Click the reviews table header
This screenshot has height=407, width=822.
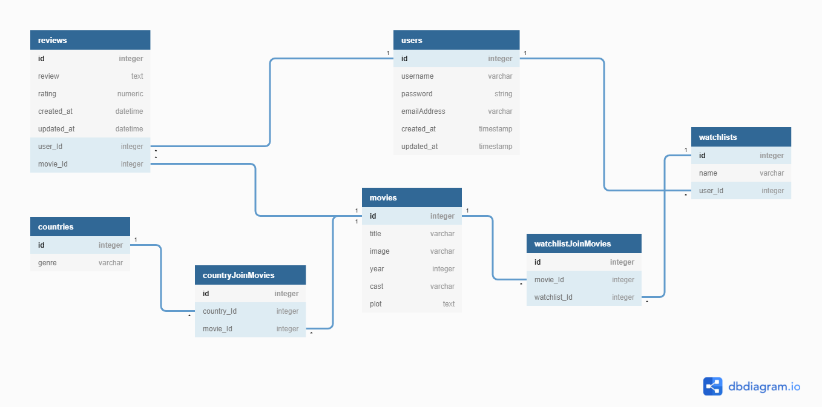tap(90, 40)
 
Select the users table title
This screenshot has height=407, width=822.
tap(412, 41)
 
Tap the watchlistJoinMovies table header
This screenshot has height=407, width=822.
tap(584, 243)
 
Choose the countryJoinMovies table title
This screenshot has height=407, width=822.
tap(238, 275)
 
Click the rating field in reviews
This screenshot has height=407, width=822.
tap(47, 94)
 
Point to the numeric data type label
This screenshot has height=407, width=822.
tap(130, 94)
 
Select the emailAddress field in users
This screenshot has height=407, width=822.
tap(423, 111)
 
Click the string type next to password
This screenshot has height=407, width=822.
tap(503, 94)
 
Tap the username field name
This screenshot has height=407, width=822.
tap(417, 76)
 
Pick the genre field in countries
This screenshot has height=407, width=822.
tap(47, 263)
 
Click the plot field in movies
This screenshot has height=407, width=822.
tap(375, 304)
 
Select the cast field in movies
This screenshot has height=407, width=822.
tap(376, 286)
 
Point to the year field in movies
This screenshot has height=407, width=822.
tap(377, 268)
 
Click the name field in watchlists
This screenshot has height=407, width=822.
tap(708, 173)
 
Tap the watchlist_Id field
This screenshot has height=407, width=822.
tap(553, 297)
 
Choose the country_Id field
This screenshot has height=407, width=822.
tap(220, 311)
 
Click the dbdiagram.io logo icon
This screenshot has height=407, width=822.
tap(712, 386)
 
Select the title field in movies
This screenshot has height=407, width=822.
tap(375, 234)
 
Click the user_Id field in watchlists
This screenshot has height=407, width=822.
tap(711, 191)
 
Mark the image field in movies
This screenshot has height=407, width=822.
tap(380, 251)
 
